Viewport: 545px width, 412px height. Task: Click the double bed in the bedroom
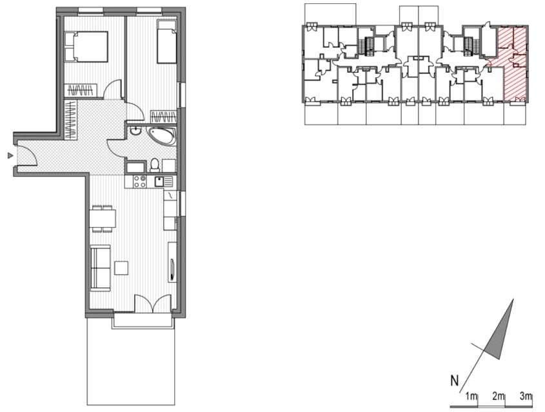pos(86,46)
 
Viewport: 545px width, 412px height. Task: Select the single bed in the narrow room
pos(166,41)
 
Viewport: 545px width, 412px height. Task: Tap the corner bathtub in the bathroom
pos(163,136)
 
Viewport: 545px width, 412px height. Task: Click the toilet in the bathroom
pos(155,165)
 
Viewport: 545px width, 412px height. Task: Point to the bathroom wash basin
pos(135,131)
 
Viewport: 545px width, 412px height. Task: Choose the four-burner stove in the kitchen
pos(140,182)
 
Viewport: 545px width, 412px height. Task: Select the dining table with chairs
pos(103,218)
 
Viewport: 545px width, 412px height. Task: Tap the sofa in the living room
pos(100,267)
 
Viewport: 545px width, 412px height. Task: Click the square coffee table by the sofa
pos(121,268)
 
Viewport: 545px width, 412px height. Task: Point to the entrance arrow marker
pos(10,156)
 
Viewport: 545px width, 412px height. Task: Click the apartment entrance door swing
pos(28,155)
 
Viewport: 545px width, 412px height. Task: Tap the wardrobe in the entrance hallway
pos(71,120)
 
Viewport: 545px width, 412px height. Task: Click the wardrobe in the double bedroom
pos(82,90)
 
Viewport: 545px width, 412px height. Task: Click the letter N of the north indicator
pos(455,381)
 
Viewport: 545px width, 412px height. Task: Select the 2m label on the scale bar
pos(499,396)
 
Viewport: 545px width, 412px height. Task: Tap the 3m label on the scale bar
pos(526,396)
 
